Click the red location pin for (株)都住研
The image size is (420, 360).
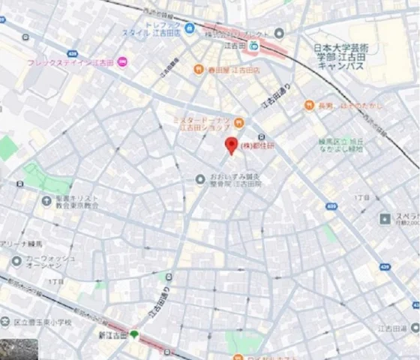[232, 145]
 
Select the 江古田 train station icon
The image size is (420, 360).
[253, 46]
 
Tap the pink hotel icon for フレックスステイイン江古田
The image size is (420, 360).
[122, 61]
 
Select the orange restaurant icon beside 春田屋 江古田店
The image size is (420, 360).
[197, 69]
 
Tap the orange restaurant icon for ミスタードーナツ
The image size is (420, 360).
[238, 122]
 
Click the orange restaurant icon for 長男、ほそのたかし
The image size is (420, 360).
[308, 105]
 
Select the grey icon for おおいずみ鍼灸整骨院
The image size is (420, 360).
[199, 178]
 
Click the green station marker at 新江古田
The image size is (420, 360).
[134, 334]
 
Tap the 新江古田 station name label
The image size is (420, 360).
[111, 334]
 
